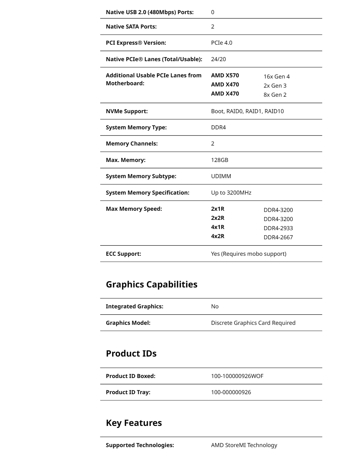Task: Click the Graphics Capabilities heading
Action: [151, 285]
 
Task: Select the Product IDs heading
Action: [131, 354]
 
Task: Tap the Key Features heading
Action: [134, 423]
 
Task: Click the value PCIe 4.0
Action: [221, 43]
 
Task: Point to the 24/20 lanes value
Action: [219, 59]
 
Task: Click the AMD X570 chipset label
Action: [225, 76]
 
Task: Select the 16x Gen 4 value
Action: [276, 77]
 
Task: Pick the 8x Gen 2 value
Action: [275, 95]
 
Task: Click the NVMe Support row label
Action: [127, 111]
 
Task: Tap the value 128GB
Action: [220, 160]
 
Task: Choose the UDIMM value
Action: [221, 176]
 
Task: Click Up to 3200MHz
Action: [231, 193]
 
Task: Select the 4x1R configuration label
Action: [218, 227]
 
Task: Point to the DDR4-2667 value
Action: [278, 237]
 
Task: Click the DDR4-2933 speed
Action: [278, 228]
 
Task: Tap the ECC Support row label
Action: [124, 254]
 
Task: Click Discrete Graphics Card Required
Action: [253, 323]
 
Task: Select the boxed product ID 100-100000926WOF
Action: [237, 376]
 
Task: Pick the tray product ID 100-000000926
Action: [231, 392]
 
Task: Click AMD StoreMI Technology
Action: [244, 445]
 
